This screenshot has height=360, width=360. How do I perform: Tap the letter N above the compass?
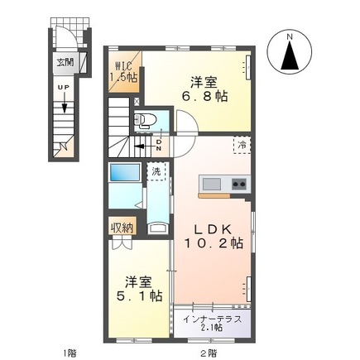(x=290, y=36)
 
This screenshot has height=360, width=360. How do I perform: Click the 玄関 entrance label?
(x=64, y=60)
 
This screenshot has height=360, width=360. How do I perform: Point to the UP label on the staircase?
(x=63, y=86)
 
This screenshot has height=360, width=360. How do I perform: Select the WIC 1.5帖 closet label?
(x=124, y=71)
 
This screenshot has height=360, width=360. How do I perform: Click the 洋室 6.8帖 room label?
(x=204, y=89)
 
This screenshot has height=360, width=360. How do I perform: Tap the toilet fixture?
(x=146, y=120)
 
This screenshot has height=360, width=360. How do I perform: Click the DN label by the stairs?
(x=159, y=144)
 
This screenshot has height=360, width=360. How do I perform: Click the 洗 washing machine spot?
(x=155, y=172)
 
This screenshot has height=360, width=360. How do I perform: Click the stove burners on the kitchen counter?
(x=238, y=183)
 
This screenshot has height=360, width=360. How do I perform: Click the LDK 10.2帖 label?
(x=211, y=236)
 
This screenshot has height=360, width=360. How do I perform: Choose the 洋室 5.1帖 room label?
(x=133, y=287)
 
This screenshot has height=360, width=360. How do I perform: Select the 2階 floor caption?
(x=209, y=353)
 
